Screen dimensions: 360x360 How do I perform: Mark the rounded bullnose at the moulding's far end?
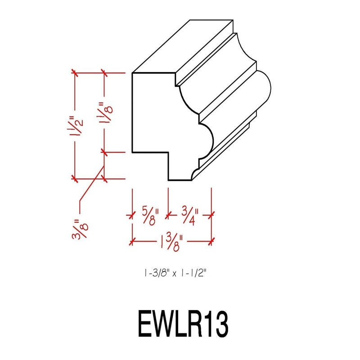(x=263, y=92)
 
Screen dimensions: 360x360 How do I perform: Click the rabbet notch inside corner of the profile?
(x=168, y=152)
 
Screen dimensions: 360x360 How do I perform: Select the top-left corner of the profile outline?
(x=131, y=73)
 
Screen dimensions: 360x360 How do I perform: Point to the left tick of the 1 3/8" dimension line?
(x=131, y=242)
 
